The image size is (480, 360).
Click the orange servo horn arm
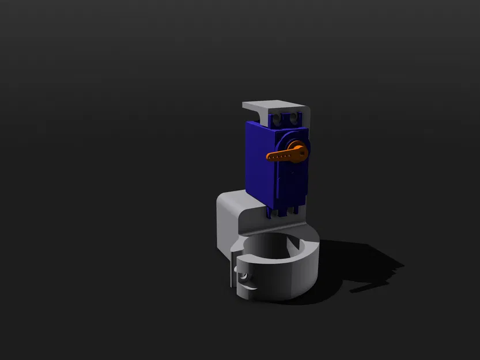282,154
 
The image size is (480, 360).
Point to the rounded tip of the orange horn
269,156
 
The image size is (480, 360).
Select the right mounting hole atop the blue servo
295,118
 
